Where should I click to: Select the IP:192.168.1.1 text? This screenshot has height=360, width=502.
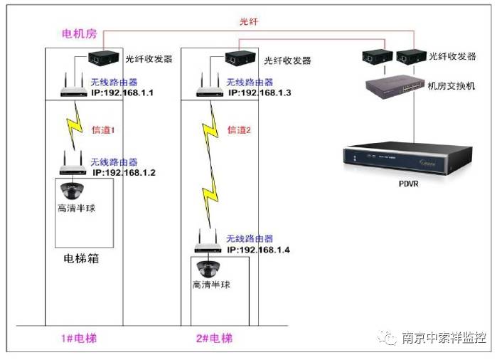[123, 93]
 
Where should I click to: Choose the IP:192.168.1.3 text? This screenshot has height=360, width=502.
[259, 93]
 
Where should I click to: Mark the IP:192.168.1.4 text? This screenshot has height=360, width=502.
[259, 250]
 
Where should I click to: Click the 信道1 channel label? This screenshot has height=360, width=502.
[103, 131]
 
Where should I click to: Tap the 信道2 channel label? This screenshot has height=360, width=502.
[240, 130]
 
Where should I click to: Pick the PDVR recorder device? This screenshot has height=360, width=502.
[407, 159]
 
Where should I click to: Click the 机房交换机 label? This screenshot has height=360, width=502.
[452, 86]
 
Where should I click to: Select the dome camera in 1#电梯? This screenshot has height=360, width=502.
[73, 191]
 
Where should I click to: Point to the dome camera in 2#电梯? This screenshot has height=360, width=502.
[210, 269]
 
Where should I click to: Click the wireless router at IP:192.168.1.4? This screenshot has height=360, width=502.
[209, 243]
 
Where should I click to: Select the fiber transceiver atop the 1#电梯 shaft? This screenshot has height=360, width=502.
[105, 58]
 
